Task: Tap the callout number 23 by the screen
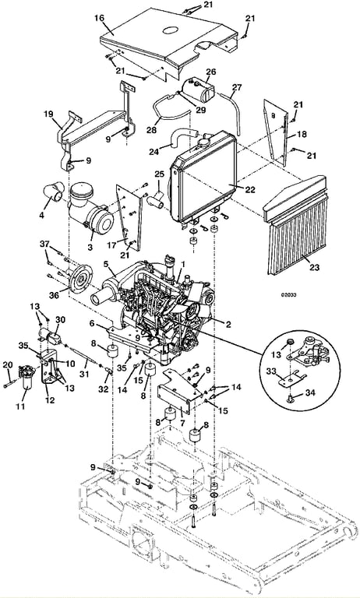click(314, 267)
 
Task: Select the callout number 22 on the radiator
click(250, 190)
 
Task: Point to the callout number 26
click(210, 72)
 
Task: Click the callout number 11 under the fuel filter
click(20, 406)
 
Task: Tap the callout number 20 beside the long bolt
click(8, 364)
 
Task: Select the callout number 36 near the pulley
click(55, 296)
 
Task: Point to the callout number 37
click(45, 244)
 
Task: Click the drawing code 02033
click(289, 295)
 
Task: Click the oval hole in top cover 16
click(171, 30)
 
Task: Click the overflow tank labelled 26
click(199, 91)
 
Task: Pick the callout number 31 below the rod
click(83, 375)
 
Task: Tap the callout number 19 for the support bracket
click(48, 114)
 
